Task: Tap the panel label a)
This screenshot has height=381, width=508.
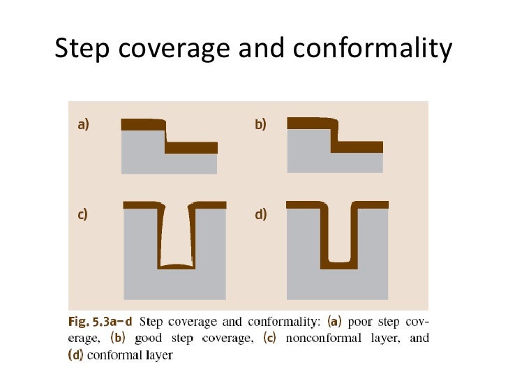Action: pyautogui.click(x=83, y=126)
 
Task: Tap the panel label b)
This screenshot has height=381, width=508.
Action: pyautogui.click(x=261, y=126)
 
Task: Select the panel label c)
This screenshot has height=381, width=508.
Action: pyautogui.click(x=82, y=214)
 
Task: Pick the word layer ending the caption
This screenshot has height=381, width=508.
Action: pyautogui.click(x=156, y=354)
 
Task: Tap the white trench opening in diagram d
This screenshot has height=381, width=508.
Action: pyautogui.click(x=338, y=230)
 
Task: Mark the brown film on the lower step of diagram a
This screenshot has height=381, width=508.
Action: pyautogui.click(x=193, y=147)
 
